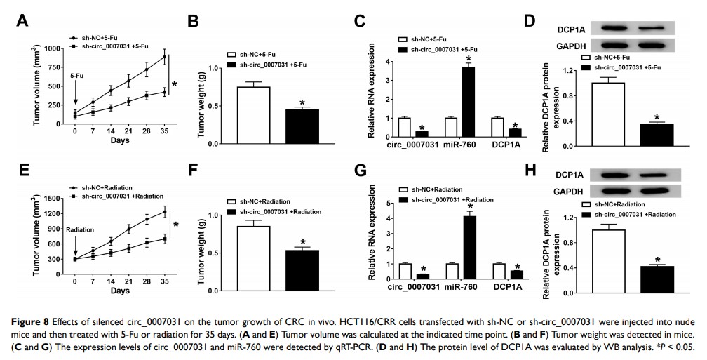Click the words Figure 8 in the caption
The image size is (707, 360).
pyautogui.click(x=32, y=322)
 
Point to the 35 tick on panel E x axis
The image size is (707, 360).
pyautogui.click(x=164, y=281)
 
